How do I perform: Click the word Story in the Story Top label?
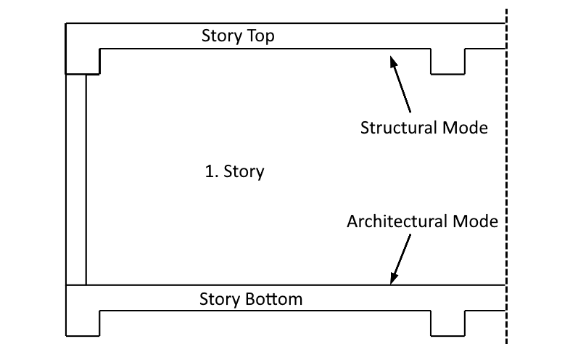point(219,36)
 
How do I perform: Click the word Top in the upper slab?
point(258,36)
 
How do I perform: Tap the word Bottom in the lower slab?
point(272,298)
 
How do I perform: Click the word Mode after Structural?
point(464,128)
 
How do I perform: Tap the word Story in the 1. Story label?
point(244,172)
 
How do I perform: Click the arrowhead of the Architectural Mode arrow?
point(393,279)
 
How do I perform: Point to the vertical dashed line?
point(505,174)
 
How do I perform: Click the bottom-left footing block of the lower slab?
point(82,323)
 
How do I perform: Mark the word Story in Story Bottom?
point(217,298)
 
